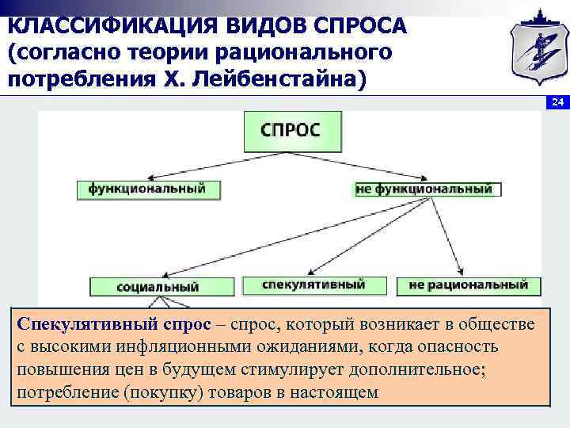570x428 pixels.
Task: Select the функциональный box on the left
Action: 147,189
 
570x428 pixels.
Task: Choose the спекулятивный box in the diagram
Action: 313,284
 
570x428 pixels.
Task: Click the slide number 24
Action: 557,103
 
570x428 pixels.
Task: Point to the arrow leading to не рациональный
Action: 447,234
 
